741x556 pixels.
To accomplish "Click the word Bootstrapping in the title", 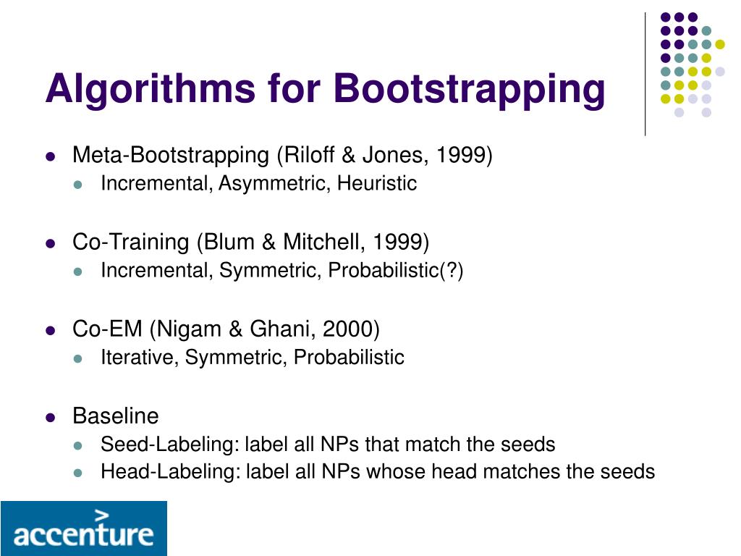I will pos(468,89).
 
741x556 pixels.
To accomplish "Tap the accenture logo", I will pos(83,528).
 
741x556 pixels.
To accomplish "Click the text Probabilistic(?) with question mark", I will pos(396,271).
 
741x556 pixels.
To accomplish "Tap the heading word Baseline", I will pos(115,416).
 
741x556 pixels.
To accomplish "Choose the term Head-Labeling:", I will pos(170,473).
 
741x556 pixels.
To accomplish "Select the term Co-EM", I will pos(108,329).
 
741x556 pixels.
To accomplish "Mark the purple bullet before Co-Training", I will pos(51,243).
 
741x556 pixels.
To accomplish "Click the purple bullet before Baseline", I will pos(51,417).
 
